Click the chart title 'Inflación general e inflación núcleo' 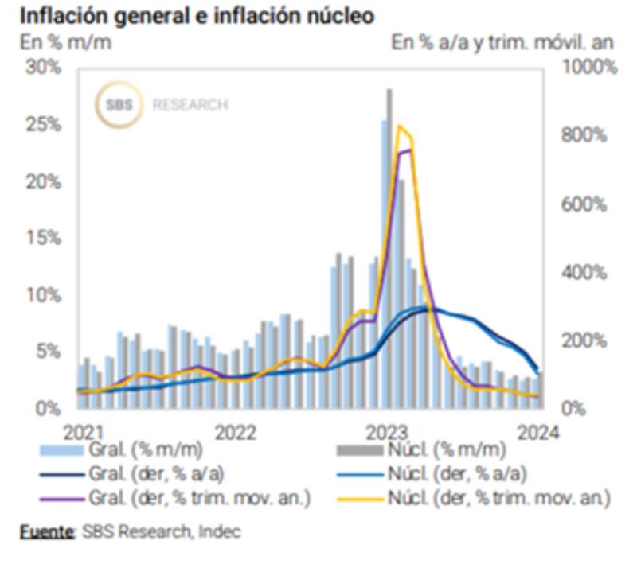point(196,16)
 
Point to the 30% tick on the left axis point(43,68)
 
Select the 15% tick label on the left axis point(43,239)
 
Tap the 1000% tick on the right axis point(589,68)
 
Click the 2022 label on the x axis point(235,432)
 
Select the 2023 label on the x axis point(388,432)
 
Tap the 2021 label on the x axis point(83,432)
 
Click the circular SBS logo point(118,104)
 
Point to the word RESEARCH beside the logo point(190,104)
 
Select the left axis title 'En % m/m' point(65,42)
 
